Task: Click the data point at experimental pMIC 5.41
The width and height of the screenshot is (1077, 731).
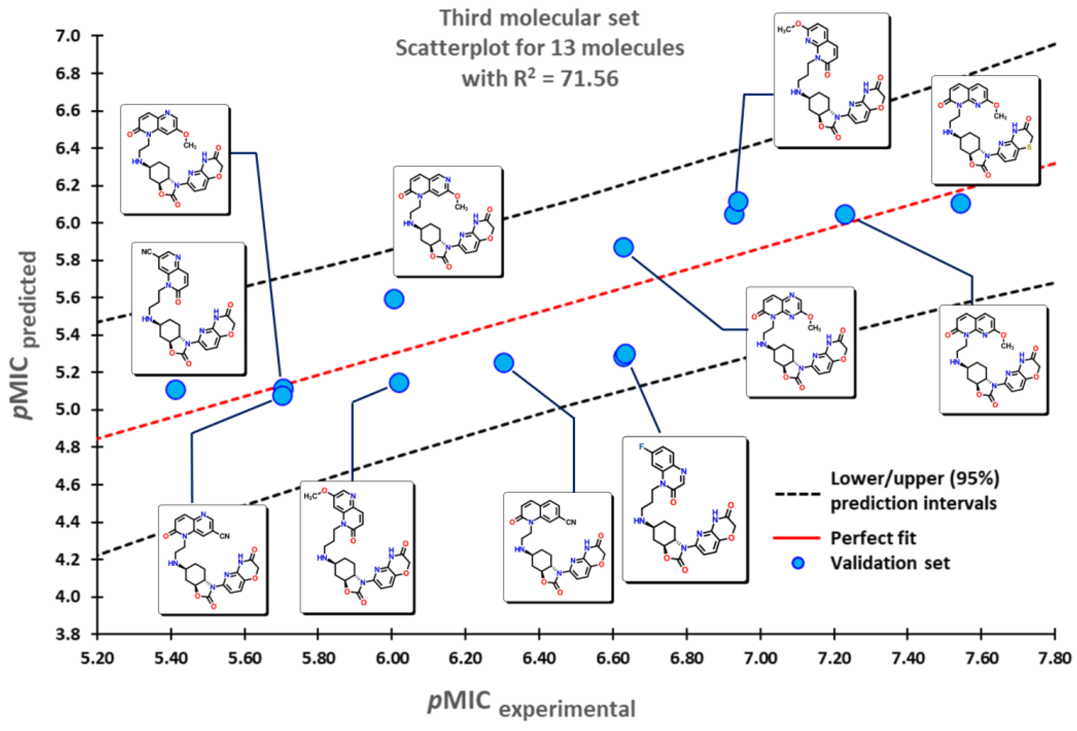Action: tap(175, 390)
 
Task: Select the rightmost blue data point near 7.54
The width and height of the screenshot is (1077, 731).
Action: tap(960, 203)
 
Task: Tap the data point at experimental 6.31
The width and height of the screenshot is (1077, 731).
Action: tap(504, 363)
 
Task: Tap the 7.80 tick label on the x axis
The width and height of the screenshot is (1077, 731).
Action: tap(1055, 658)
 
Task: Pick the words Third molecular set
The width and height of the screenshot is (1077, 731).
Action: tap(539, 19)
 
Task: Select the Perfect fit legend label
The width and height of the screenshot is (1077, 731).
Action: tap(873, 538)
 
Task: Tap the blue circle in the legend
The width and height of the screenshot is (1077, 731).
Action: tap(798, 563)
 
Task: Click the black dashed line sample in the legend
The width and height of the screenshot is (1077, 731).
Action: tap(797, 494)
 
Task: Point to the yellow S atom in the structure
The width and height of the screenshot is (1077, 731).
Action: tap(1028, 147)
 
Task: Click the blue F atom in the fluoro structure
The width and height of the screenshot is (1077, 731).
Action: tap(642, 447)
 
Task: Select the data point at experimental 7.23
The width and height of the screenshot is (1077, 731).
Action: tap(845, 215)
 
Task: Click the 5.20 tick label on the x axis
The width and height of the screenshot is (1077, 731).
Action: tap(97, 658)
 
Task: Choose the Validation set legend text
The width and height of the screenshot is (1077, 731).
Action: tap(890, 563)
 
